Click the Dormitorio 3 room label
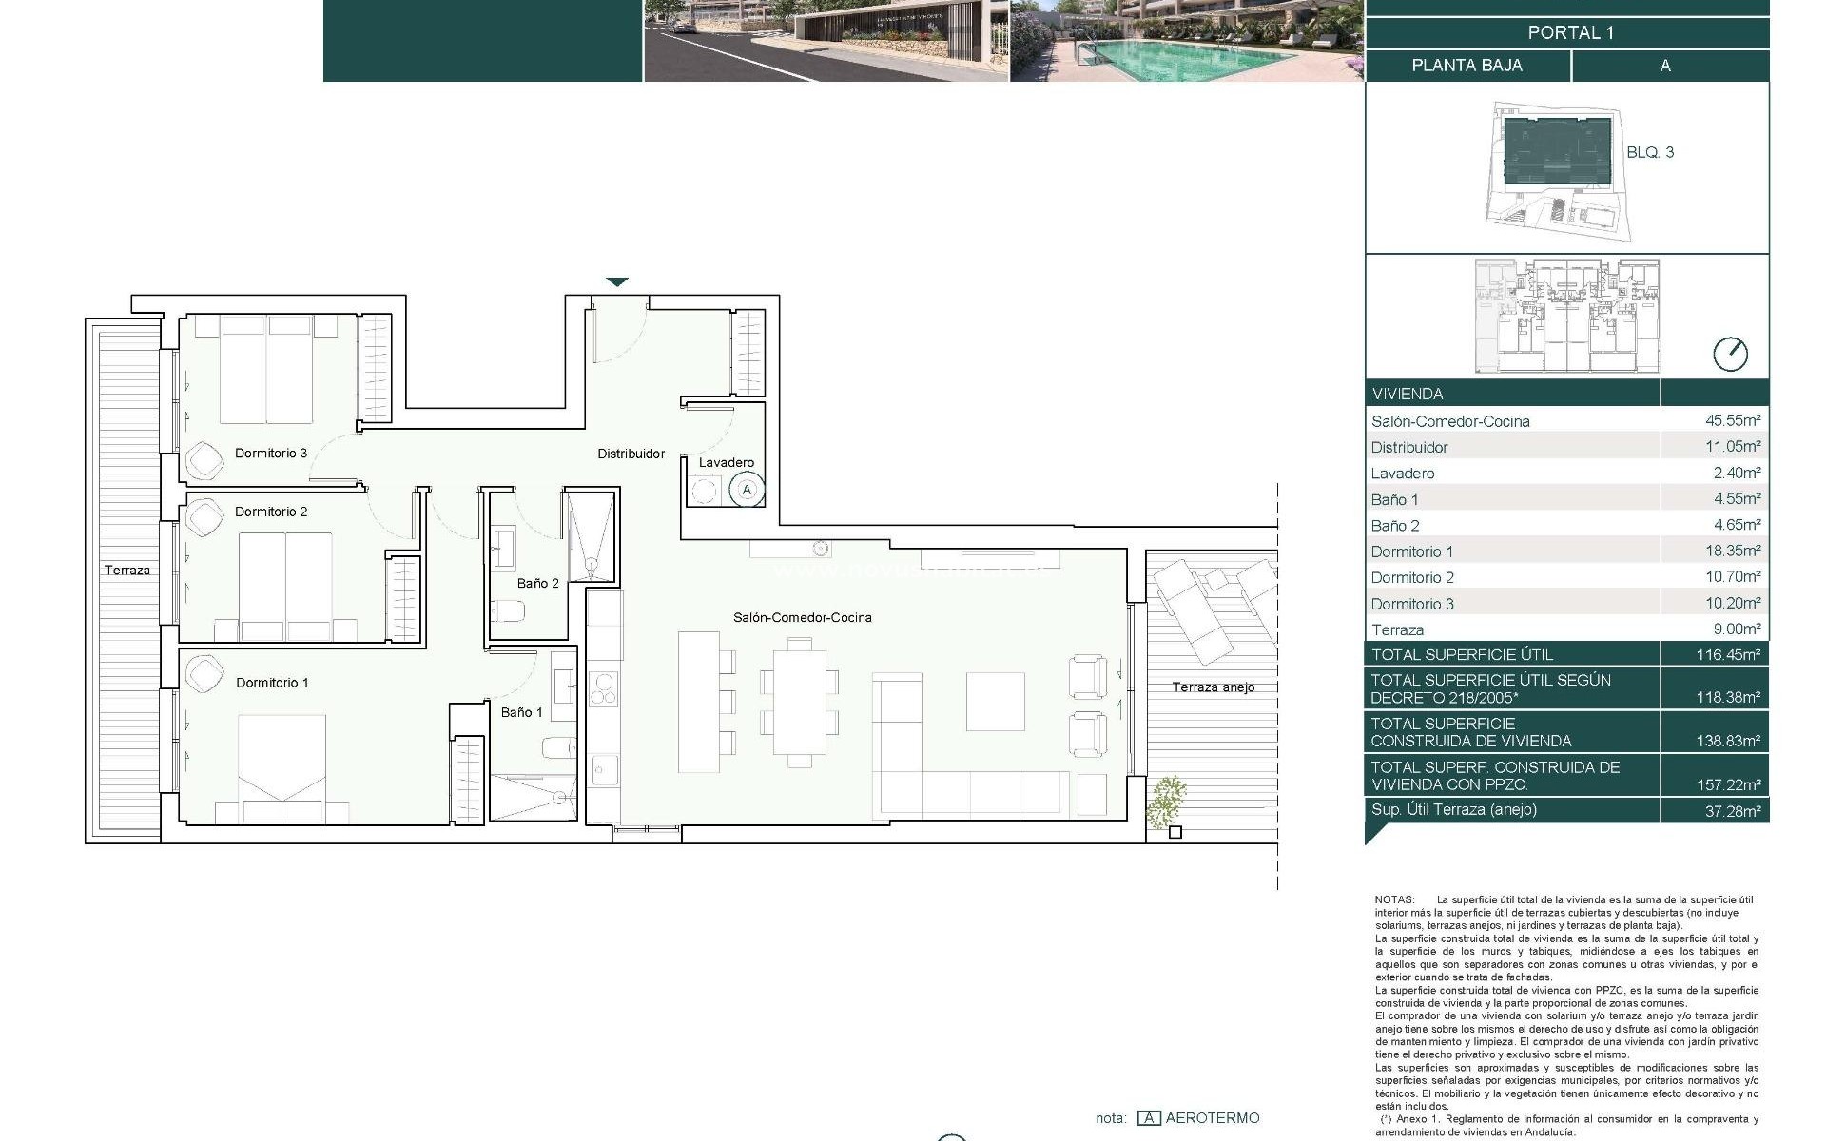click(271, 453)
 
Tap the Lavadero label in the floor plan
click(726, 462)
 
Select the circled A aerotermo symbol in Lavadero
click(748, 490)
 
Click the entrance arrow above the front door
click(617, 281)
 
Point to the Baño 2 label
click(537, 583)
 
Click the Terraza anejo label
click(1213, 687)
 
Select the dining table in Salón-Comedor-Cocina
click(799, 701)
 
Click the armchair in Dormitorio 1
click(205, 673)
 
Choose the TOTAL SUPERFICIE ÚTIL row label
click(1462, 654)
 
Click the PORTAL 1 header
click(1570, 32)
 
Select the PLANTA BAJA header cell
click(1467, 66)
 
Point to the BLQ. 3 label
click(1650, 152)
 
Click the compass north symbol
click(1730, 355)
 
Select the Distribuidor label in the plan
click(631, 454)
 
